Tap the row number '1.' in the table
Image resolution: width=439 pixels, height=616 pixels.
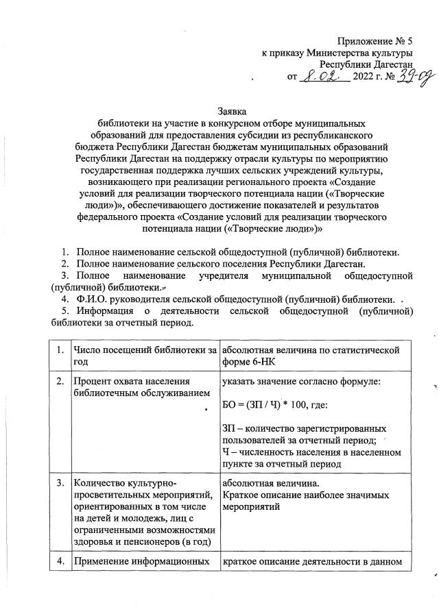point(61,352)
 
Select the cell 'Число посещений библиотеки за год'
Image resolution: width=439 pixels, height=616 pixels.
point(144,357)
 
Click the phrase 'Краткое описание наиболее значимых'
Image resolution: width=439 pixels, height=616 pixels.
point(306,494)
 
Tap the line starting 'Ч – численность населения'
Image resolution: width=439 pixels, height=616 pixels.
point(311,452)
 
